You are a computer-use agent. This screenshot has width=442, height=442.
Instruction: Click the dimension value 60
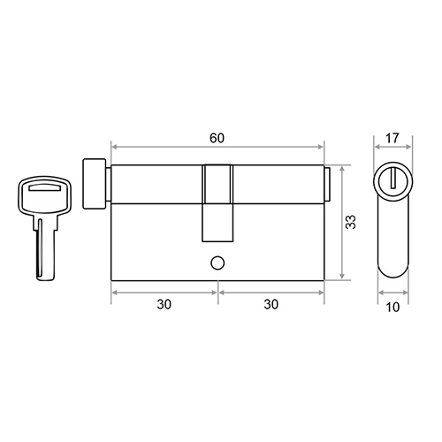tap(217, 138)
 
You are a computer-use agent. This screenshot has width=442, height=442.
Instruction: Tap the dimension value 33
tap(351, 222)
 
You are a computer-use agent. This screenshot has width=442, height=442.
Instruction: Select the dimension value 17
tap(392, 138)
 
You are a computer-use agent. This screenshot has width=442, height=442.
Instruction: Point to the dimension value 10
tap(392, 307)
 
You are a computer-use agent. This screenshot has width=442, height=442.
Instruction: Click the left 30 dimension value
tap(164, 304)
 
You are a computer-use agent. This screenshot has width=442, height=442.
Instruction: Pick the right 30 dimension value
tap(271, 304)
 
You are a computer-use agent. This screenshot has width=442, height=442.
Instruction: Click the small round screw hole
tap(217, 263)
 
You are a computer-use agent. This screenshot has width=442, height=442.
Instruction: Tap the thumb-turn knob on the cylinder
tap(95, 184)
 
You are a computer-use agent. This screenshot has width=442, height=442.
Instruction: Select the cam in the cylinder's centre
tap(217, 203)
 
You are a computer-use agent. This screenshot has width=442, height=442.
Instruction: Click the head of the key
tap(44, 194)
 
